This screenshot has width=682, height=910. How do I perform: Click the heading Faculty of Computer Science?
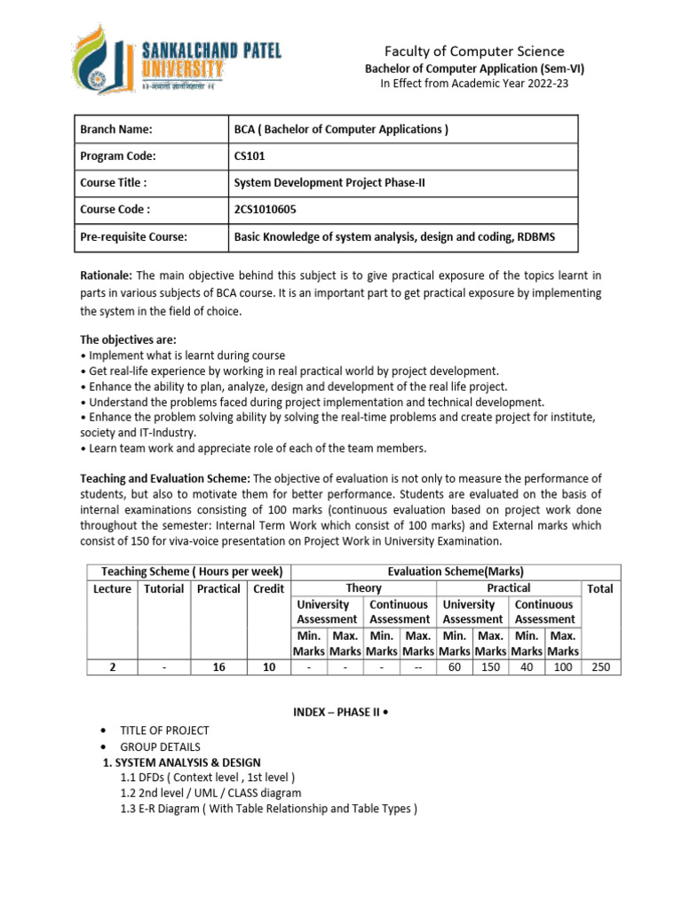click(x=474, y=52)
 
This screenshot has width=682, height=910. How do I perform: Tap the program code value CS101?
click(x=250, y=156)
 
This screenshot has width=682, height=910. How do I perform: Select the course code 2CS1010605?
click(x=266, y=210)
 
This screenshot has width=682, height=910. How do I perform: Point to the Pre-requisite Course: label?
click(x=136, y=236)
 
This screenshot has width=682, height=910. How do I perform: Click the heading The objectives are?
click(x=128, y=339)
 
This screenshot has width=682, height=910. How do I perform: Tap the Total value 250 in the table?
click(x=600, y=667)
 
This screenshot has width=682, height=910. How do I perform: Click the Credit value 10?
click(x=268, y=667)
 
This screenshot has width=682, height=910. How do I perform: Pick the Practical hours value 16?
click(x=218, y=667)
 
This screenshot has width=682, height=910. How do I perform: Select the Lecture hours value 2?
click(x=112, y=667)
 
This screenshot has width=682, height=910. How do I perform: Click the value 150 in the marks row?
click(x=490, y=667)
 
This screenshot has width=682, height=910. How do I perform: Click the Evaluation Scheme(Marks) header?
click(x=456, y=571)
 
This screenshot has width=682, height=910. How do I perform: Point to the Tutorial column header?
click(x=164, y=588)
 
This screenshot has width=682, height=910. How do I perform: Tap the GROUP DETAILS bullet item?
click(x=160, y=746)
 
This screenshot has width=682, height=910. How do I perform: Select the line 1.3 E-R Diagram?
click(x=268, y=808)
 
